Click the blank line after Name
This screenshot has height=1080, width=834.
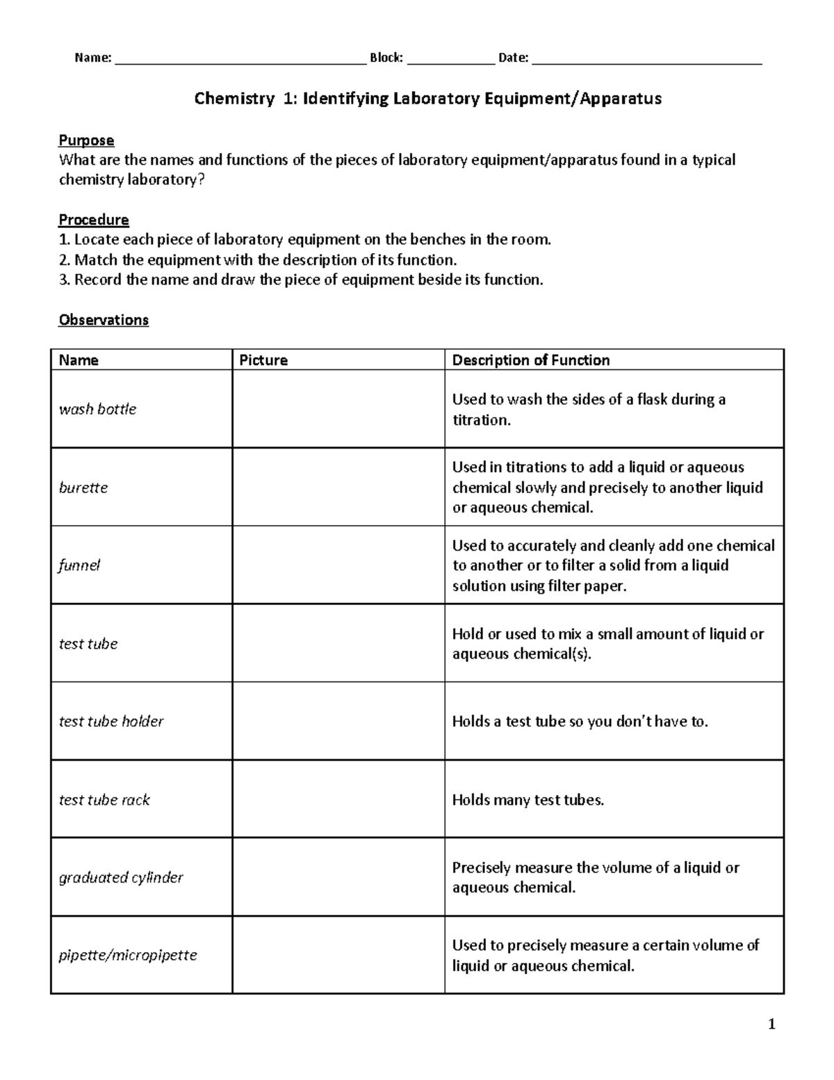240,60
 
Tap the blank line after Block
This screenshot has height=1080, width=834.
451,60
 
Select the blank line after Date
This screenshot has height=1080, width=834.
646,60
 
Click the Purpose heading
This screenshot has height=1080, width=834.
86,140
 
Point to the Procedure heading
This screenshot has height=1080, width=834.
94,220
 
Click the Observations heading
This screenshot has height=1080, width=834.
104,320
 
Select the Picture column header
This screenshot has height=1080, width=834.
263,360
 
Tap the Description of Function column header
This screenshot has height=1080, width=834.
531,360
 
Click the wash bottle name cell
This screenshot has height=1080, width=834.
97,409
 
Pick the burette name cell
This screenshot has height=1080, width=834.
83,487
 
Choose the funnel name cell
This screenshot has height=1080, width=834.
79,565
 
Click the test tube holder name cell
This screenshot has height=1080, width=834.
111,721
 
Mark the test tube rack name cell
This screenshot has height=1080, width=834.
104,800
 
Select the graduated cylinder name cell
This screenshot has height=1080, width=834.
121,878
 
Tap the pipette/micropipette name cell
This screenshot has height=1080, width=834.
128,955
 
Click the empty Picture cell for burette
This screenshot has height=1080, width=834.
338,487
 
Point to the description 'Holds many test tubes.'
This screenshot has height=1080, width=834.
528,800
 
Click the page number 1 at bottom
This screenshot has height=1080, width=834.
771,1024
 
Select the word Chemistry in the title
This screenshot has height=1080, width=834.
234,99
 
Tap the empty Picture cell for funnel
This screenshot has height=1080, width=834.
338,565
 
